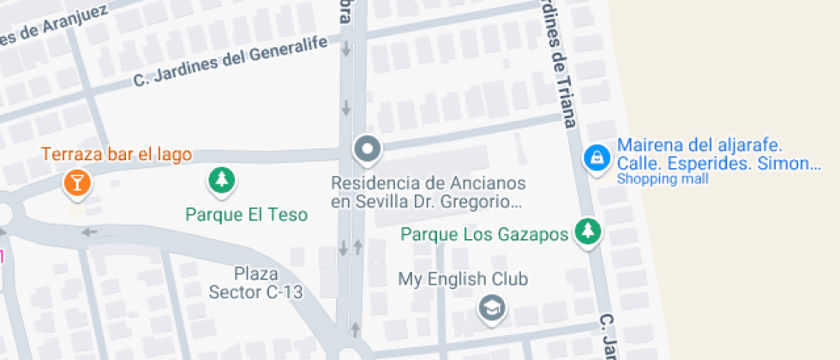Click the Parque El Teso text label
click(246, 214)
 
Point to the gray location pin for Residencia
click(368, 150)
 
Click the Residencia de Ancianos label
click(428, 183)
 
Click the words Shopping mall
click(662, 179)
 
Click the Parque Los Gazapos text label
click(485, 234)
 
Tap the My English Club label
click(462, 279)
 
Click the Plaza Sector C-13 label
click(255, 283)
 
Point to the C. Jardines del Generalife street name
click(231, 65)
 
